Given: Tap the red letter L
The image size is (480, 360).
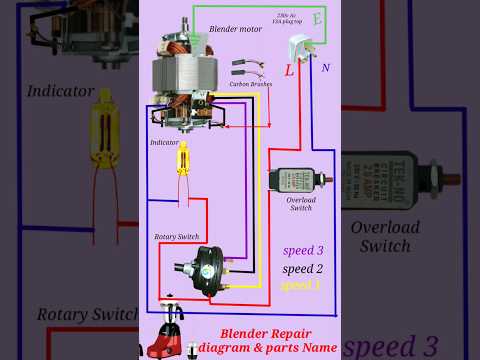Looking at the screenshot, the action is coord(289,71).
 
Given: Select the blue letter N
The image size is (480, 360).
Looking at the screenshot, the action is coord(325,69).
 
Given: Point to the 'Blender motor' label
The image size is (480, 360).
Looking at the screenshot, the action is coord(237,29).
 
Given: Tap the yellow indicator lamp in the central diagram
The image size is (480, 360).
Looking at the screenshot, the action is coord(183,157).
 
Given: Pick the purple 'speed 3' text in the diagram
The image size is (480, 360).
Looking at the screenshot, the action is coord(303,250).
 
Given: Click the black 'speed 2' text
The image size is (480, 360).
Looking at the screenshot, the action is coord(303,268).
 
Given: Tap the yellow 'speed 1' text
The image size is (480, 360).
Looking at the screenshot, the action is coord(302,285).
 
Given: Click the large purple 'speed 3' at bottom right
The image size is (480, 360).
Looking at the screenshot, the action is coord(390,345).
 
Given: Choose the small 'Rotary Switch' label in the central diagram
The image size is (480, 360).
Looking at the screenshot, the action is coord(176,236).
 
